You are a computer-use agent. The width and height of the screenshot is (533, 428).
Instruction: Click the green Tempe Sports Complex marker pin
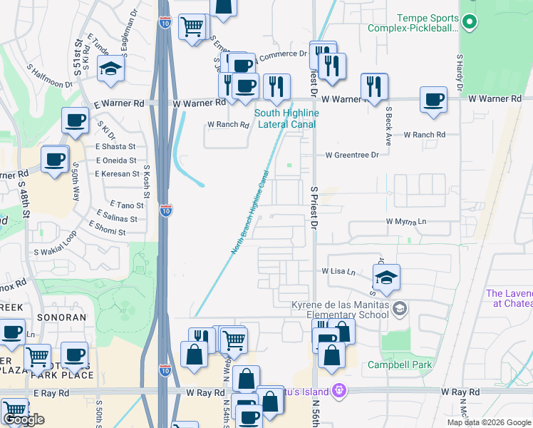[469, 23]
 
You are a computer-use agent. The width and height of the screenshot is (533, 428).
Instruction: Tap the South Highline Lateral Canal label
[287, 118]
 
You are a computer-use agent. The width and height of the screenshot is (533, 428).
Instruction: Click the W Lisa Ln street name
[338, 272]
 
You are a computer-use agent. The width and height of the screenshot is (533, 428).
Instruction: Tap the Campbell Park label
[390, 365]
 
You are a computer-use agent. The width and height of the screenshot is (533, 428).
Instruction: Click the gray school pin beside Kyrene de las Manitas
[400, 308]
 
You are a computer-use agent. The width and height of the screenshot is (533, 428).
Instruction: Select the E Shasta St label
[116, 146]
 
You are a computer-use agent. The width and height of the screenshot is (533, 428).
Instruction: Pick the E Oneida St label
[116, 160]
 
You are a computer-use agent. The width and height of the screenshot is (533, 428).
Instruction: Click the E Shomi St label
[107, 232]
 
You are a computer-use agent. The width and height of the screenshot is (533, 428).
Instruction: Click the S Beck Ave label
[388, 126]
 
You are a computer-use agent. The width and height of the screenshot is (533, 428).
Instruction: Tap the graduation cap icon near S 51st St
[111, 68]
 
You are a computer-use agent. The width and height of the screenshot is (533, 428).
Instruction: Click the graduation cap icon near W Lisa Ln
[386, 277]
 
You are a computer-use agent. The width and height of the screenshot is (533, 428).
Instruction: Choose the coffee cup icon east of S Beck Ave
[433, 99]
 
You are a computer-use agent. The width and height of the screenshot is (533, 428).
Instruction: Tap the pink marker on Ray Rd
[338, 391]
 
